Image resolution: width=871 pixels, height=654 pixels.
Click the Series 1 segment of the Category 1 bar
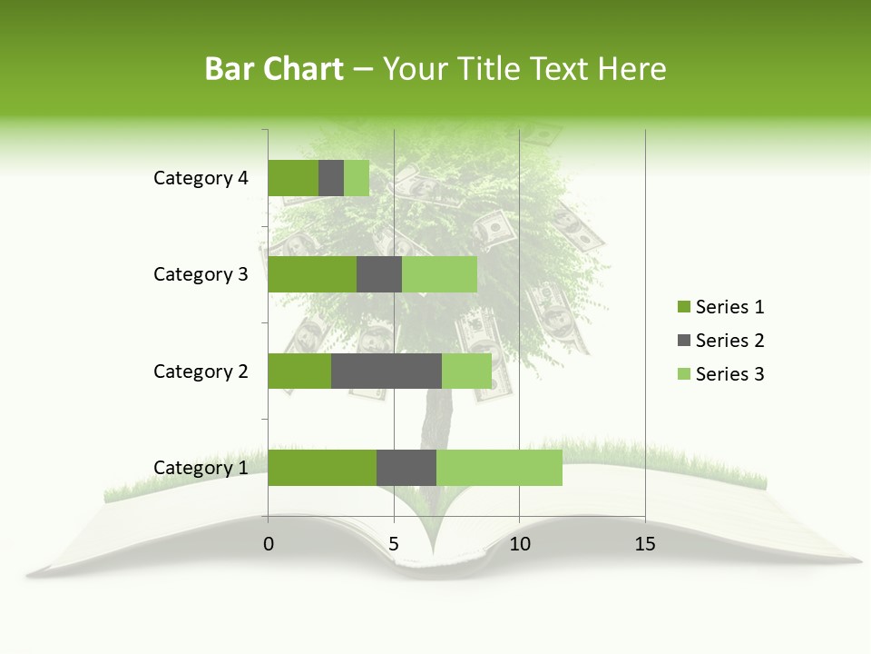click(322, 468)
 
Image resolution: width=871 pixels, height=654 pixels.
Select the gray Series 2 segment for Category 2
click(387, 371)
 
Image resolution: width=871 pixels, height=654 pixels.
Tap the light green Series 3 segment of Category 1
click(499, 468)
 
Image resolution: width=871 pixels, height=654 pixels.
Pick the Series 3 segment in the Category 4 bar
click(357, 178)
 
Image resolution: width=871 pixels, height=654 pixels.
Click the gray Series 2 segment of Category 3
click(379, 274)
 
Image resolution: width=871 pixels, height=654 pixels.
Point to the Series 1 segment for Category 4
click(293, 178)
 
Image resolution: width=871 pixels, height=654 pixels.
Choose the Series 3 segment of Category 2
click(466, 371)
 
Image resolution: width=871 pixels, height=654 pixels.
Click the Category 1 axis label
click(201, 468)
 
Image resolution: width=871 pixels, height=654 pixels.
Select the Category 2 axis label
click(201, 371)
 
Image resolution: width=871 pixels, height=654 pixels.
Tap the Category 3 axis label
click(201, 274)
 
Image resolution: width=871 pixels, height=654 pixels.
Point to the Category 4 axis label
click(201, 178)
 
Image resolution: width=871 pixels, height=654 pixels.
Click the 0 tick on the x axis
click(269, 544)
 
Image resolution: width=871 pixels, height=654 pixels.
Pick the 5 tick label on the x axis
click(394, 544)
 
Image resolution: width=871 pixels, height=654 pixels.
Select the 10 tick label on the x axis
click(519, 544)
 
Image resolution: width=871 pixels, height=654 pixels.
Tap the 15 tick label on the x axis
click(645, 544)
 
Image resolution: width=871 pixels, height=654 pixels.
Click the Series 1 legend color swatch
click(683, 307)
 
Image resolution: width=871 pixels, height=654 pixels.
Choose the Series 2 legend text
click(729, 341)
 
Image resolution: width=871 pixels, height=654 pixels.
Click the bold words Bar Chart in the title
click(274, 69)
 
